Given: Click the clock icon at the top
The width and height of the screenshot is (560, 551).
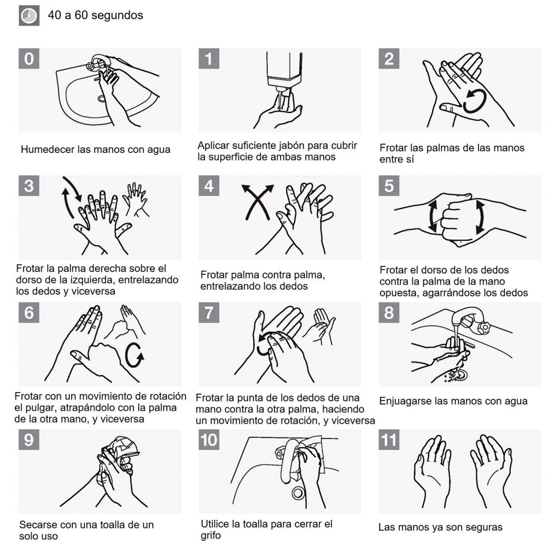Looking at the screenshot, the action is click(x=29, y=16).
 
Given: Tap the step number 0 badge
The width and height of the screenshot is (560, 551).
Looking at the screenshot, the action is click(x=29, y=58).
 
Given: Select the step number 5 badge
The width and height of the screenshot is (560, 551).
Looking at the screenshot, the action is click(x=389, y=186).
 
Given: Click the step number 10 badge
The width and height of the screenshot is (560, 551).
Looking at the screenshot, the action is click(x=209, y=440).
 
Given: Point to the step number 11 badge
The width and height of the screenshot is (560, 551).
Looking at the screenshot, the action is click(x=389, y=440).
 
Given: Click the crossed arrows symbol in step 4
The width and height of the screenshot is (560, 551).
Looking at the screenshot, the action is click(x=258, y=202).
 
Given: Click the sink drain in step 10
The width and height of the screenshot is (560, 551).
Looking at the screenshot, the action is click(x=298, y=493).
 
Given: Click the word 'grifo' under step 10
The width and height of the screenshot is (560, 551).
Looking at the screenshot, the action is click(x=211, y=536).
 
